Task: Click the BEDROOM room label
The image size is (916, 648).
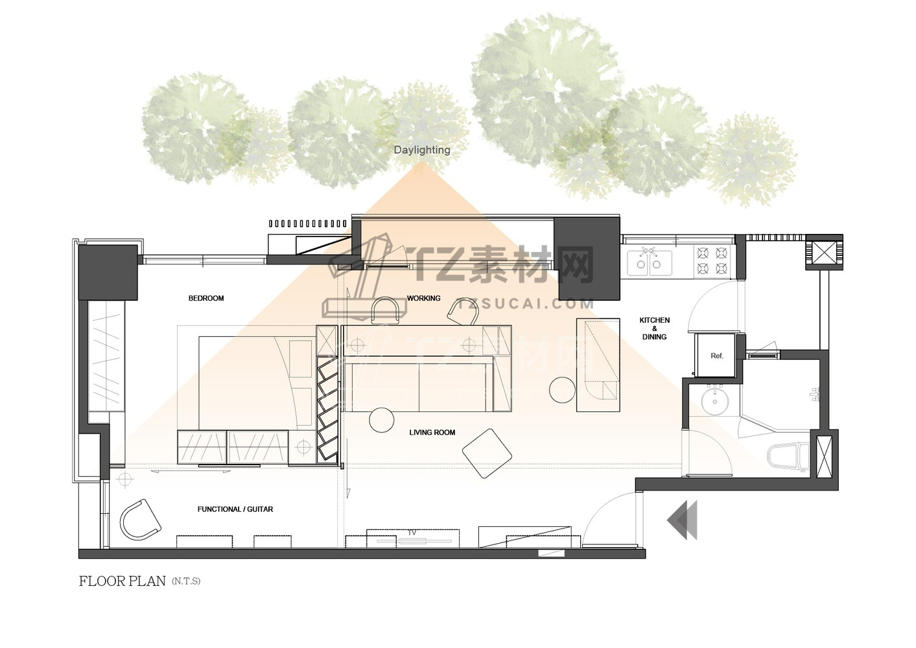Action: point(206,299)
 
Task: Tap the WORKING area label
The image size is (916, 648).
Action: point(424,299)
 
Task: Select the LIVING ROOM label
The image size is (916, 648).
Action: point(432,433)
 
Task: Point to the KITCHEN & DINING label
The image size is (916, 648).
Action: point(654,329)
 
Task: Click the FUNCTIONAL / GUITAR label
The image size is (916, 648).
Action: point(235,509)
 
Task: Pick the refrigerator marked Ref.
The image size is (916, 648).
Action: point(716,356)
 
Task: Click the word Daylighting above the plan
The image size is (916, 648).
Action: point(422,150)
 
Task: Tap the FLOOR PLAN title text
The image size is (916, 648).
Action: point(123,581)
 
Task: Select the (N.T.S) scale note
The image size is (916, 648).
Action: point(186,581)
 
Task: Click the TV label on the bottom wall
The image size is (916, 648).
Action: point(412,533)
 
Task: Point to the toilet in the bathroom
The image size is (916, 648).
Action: point(788,457)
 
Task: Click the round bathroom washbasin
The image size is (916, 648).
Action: point(715,401)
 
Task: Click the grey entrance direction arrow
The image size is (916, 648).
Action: point(682,520)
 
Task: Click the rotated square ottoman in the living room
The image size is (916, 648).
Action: point(487,453)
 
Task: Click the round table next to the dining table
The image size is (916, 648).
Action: point(563,390)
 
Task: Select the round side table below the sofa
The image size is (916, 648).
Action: point(382,420)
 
